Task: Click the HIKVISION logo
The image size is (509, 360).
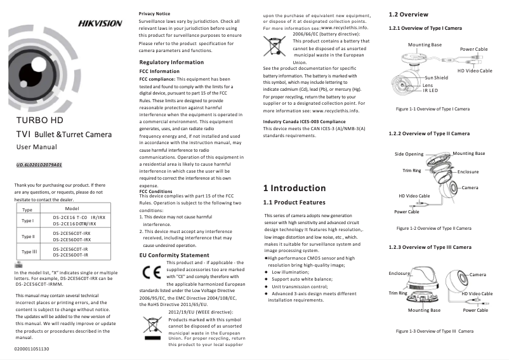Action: click(100, 23)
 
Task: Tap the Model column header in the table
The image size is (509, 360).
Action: click(71, 208)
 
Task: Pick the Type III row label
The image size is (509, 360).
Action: click(28, 252)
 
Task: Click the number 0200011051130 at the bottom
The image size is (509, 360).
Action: click(32, 349)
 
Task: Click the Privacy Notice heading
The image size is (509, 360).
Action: click(154, 13)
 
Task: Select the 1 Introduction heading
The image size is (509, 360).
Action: click(294, 188)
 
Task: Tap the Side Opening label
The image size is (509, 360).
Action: click(409, 154)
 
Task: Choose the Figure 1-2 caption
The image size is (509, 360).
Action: click(433, 228)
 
